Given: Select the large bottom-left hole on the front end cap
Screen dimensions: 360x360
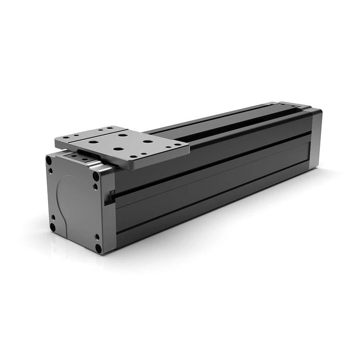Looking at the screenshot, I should (x=52, y=227).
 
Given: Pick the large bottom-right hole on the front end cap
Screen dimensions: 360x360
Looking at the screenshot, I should (x=98, y=248).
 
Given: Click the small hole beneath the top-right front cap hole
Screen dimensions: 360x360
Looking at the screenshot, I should (x=95, y=186).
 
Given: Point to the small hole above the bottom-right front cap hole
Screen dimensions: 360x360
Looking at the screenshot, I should (x=97, y=237).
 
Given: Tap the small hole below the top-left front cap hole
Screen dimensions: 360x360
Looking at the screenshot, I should (x=50, y=171).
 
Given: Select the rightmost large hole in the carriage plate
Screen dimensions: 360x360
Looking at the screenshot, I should (x=148, y=141).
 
